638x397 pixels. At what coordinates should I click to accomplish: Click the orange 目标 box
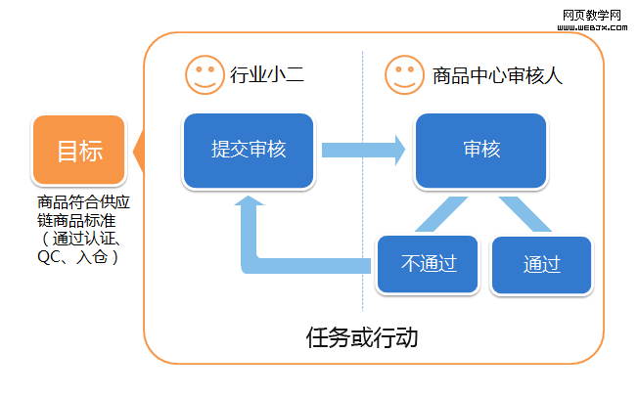[x=79, y=151]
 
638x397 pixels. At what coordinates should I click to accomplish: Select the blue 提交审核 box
[x=249, y=150]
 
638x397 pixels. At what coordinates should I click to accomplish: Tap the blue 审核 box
[x=480, y=150]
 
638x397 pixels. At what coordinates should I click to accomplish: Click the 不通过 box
[x=430, y=263]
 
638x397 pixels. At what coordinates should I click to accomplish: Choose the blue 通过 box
[x=541, y=264]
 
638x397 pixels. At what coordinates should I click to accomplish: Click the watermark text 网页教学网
[x=594, y=16]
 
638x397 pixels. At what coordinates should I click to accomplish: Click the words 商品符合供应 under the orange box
[x=83, y=204]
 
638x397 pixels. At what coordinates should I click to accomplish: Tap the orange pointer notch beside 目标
[x=136, y=153]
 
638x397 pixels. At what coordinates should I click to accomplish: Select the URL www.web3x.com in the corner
[x=594, y=29]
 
